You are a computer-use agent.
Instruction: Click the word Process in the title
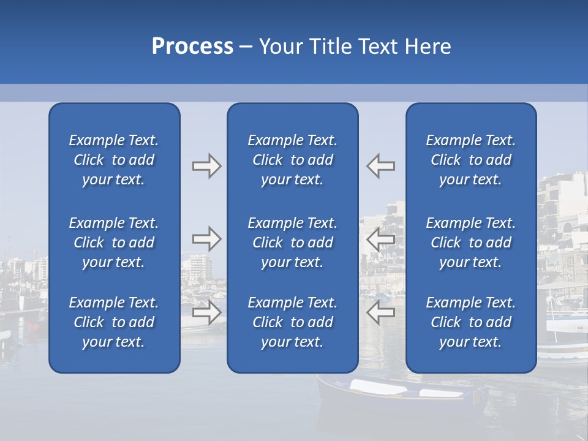coord(192,47)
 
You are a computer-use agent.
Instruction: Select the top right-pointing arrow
coord(207,166)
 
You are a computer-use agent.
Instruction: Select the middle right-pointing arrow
coord(207,239)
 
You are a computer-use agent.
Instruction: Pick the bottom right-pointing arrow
coord(207,312)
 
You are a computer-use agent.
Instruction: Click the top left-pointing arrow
coord(381,166)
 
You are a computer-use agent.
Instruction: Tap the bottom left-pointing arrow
coord(381,312)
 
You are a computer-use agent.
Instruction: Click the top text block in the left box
coord(114,160)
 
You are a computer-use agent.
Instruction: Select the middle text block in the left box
coord(114,243)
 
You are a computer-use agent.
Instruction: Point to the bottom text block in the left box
coord(114,322)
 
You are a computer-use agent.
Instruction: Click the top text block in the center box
coord(292,160)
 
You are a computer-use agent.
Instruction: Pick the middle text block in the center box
coord(292,243)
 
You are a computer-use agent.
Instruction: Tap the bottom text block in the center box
coord(292,322)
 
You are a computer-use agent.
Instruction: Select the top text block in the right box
coord(470,160)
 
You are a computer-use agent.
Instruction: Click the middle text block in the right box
coord(470,243)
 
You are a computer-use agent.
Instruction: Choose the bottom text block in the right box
coord(470,322)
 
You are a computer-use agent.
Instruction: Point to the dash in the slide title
coord(246,47)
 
